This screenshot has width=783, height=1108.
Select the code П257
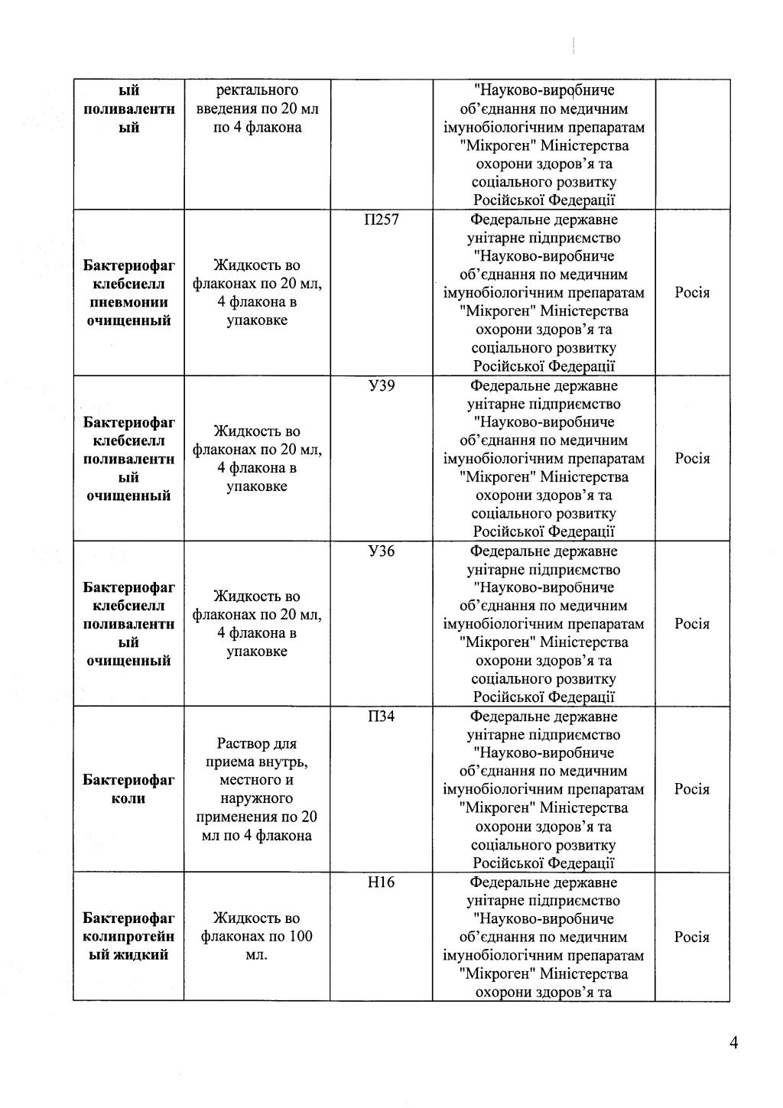pos(381,220)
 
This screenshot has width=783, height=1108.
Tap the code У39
pos(381,386)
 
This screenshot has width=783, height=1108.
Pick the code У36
pos(381,551)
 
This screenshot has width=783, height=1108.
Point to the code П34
pos(381,716)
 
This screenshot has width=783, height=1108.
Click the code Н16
pos(381,882)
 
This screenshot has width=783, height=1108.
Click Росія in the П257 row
pos(692,293)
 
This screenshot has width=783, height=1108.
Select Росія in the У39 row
pos(692,459)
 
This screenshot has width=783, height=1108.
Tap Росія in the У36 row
pos(692,624)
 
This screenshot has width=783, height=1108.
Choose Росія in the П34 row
pos(692,789)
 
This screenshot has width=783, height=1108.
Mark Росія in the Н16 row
pos(692,937)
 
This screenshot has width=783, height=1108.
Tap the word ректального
pos(257,91)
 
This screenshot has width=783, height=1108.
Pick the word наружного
pos(257,799)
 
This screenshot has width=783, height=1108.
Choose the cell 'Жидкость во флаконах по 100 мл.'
pos(257,937)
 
